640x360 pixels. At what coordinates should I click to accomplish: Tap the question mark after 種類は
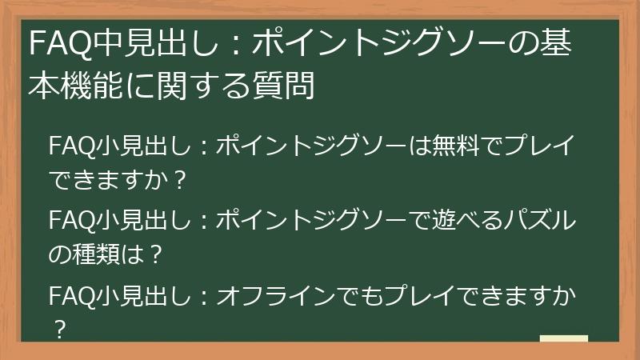click(x=157, y=255)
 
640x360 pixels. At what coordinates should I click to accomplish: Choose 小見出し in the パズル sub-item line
click(x=143, y=220)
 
